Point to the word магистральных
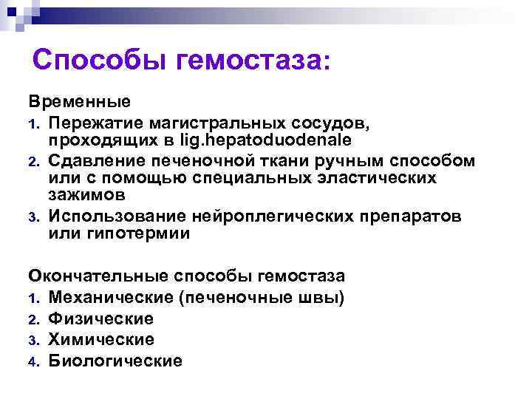point(219,120)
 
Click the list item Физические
point(101,318)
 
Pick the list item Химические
point(101,340)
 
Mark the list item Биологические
point(115,361)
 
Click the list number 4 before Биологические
point(34,361)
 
